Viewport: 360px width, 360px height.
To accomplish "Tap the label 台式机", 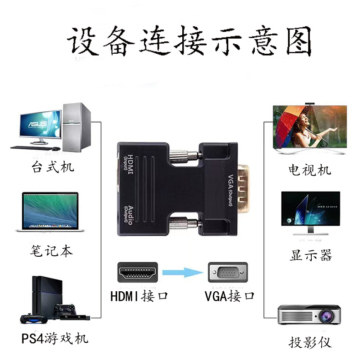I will click(x=52, y=167).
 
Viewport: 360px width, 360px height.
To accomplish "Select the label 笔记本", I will click(x=51, y=251).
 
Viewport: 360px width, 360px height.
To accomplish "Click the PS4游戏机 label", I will click(x=55, y=339).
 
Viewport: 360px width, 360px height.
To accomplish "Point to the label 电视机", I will click(x=310, y=170).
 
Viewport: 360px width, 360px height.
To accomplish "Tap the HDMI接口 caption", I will click(x=139, y=296).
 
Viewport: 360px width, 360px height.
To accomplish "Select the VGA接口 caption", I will click(x=229, y=296).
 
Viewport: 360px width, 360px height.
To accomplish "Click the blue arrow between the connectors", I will click(x=182, y=273).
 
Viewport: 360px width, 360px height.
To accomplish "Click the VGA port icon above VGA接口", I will click(x=227, y=273).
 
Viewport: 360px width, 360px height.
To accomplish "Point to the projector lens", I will click(x=327, y=314).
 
